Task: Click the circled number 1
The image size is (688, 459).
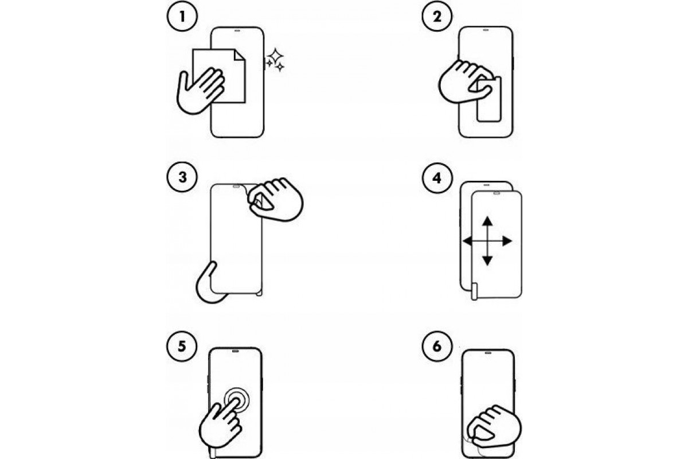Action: click(x=182, y=16)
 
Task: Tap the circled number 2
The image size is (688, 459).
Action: click(x=437, y=16)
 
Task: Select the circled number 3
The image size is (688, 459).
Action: click(x=182, y=177)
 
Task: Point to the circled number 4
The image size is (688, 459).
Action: click(x=437, y=178)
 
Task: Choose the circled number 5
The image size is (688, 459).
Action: click(x=182, y=346)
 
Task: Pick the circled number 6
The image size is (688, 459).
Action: click(x=437, y=346)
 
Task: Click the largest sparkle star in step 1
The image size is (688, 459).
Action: click(x=276, y=56)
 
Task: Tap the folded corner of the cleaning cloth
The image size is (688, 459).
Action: click(x=240, y=55)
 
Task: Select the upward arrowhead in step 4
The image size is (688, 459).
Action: click(x=487, y=221)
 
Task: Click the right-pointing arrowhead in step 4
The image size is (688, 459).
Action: click(x=507, y=242)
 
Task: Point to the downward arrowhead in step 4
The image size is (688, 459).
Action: click(x=487, y=260)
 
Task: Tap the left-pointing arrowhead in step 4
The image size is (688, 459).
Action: click(x=467, y=242)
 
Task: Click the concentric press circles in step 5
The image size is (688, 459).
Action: click(x=236, y=400)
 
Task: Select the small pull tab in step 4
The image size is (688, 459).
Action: click(x=475, y=292)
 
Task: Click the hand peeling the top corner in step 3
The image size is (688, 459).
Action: click(x=276, y=199)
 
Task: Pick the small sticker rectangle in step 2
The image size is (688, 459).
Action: click(x=489, y=99)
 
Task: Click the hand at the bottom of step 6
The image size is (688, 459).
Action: click(x=494, y=427)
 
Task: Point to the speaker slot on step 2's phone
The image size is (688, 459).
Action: click(x=486, y=30)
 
